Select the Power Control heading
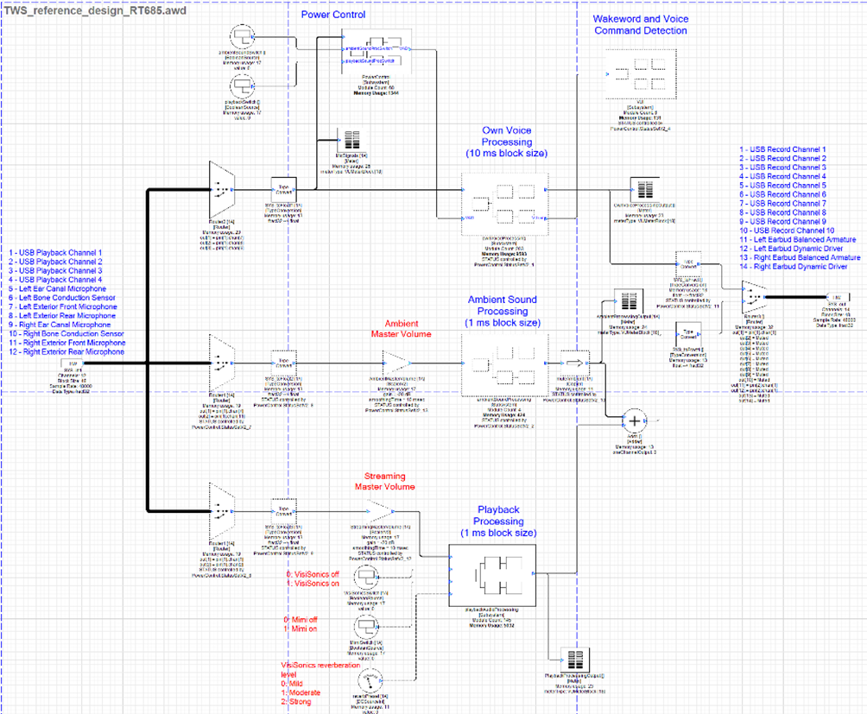(x=333, y=15)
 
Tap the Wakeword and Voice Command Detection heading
(x=640, y=24)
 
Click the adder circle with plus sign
(x=634, y=420)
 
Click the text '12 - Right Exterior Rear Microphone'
(x=67, y=351)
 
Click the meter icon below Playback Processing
(x=568, y=659)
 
